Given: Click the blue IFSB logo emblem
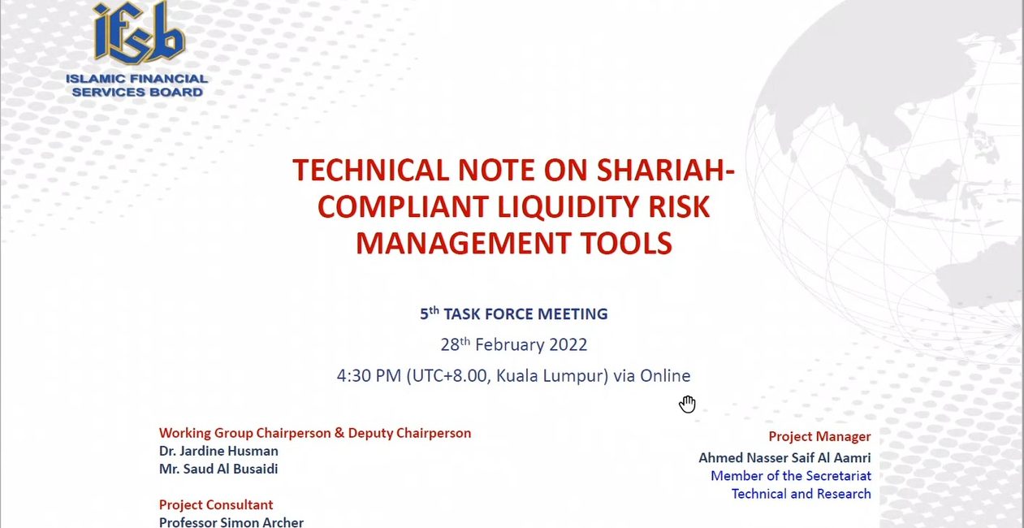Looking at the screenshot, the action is tap(139, 33).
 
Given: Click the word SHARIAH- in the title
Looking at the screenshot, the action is tap(665, 170).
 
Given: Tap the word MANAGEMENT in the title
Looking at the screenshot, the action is tap(463, 243).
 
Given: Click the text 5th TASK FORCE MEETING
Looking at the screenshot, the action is tap(514, 314).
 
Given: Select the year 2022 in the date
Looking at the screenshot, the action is tap(568, 344).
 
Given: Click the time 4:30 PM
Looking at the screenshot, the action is tap(369, 376).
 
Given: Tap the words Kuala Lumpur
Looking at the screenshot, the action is tap(551, 376).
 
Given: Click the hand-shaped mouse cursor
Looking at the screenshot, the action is tap(688, 404).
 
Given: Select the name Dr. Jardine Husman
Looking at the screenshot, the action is tap(218, 451).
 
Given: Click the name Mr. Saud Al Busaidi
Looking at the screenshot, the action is tap(218, 469).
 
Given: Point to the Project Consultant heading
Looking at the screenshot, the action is tap(216, 504).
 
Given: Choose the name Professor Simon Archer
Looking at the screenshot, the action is tap(231, 522).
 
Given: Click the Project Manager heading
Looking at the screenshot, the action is tap(819, 436).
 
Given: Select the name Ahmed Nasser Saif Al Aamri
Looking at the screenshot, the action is tap(785, 457).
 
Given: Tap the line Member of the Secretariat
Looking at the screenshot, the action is tap(791, 476).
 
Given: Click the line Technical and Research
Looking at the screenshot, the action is tap(801, 494).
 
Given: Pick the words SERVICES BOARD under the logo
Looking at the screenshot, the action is tap(137, 92).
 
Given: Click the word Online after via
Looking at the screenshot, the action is tap(665, 376).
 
